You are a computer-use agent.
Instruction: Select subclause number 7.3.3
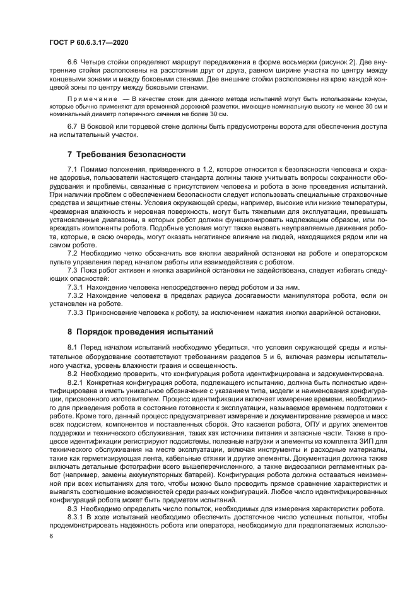click(75, 311)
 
